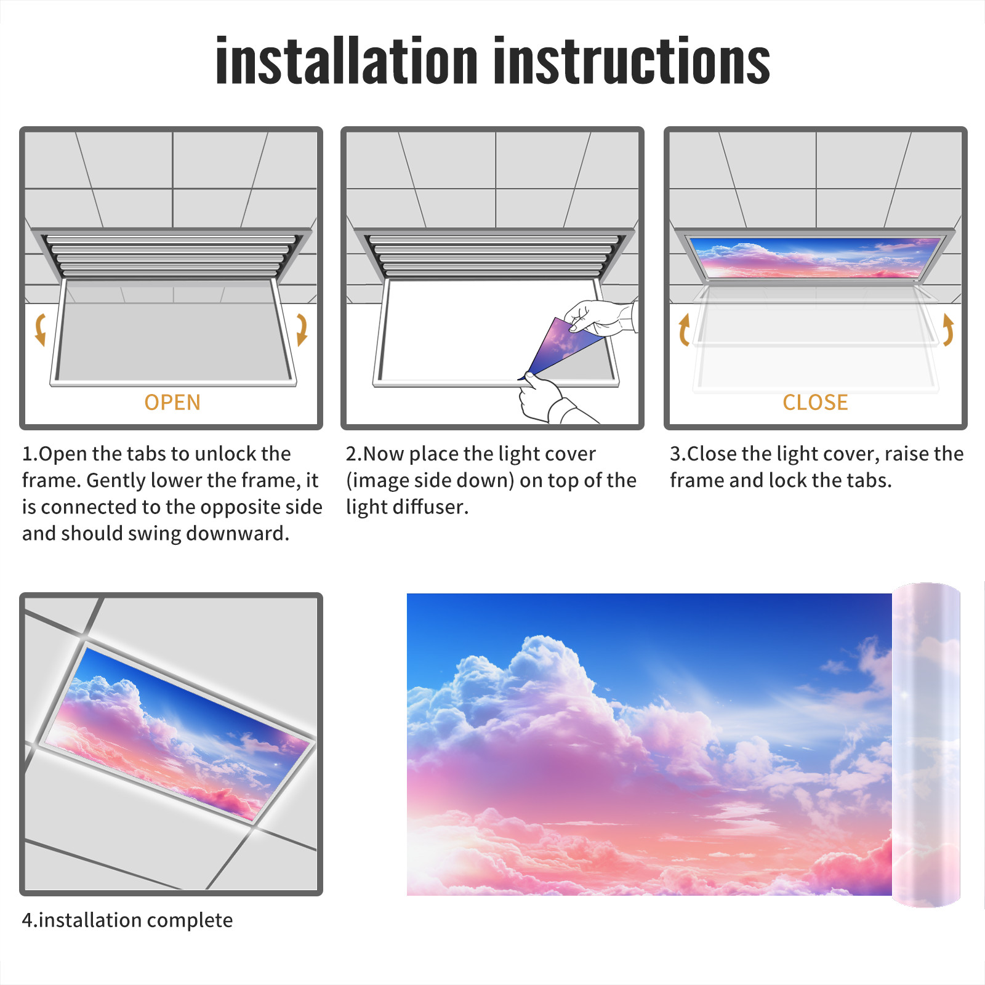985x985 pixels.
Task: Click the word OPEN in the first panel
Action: click(x=172, y=403)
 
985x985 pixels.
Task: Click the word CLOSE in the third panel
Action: click(x=815, y=403)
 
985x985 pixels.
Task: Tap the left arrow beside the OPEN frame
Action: click(x=41, y=329)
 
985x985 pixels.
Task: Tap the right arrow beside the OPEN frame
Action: click(x=302, y=329)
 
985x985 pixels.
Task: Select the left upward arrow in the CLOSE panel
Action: click(x=684, y=329)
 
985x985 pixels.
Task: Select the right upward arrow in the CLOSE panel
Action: click(x=948, y=329)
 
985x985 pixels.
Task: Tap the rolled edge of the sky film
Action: click(x=927, y=744)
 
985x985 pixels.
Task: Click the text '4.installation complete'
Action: click(x=127, y=920)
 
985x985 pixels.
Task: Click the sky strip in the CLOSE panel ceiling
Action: click(x=815, y=257)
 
